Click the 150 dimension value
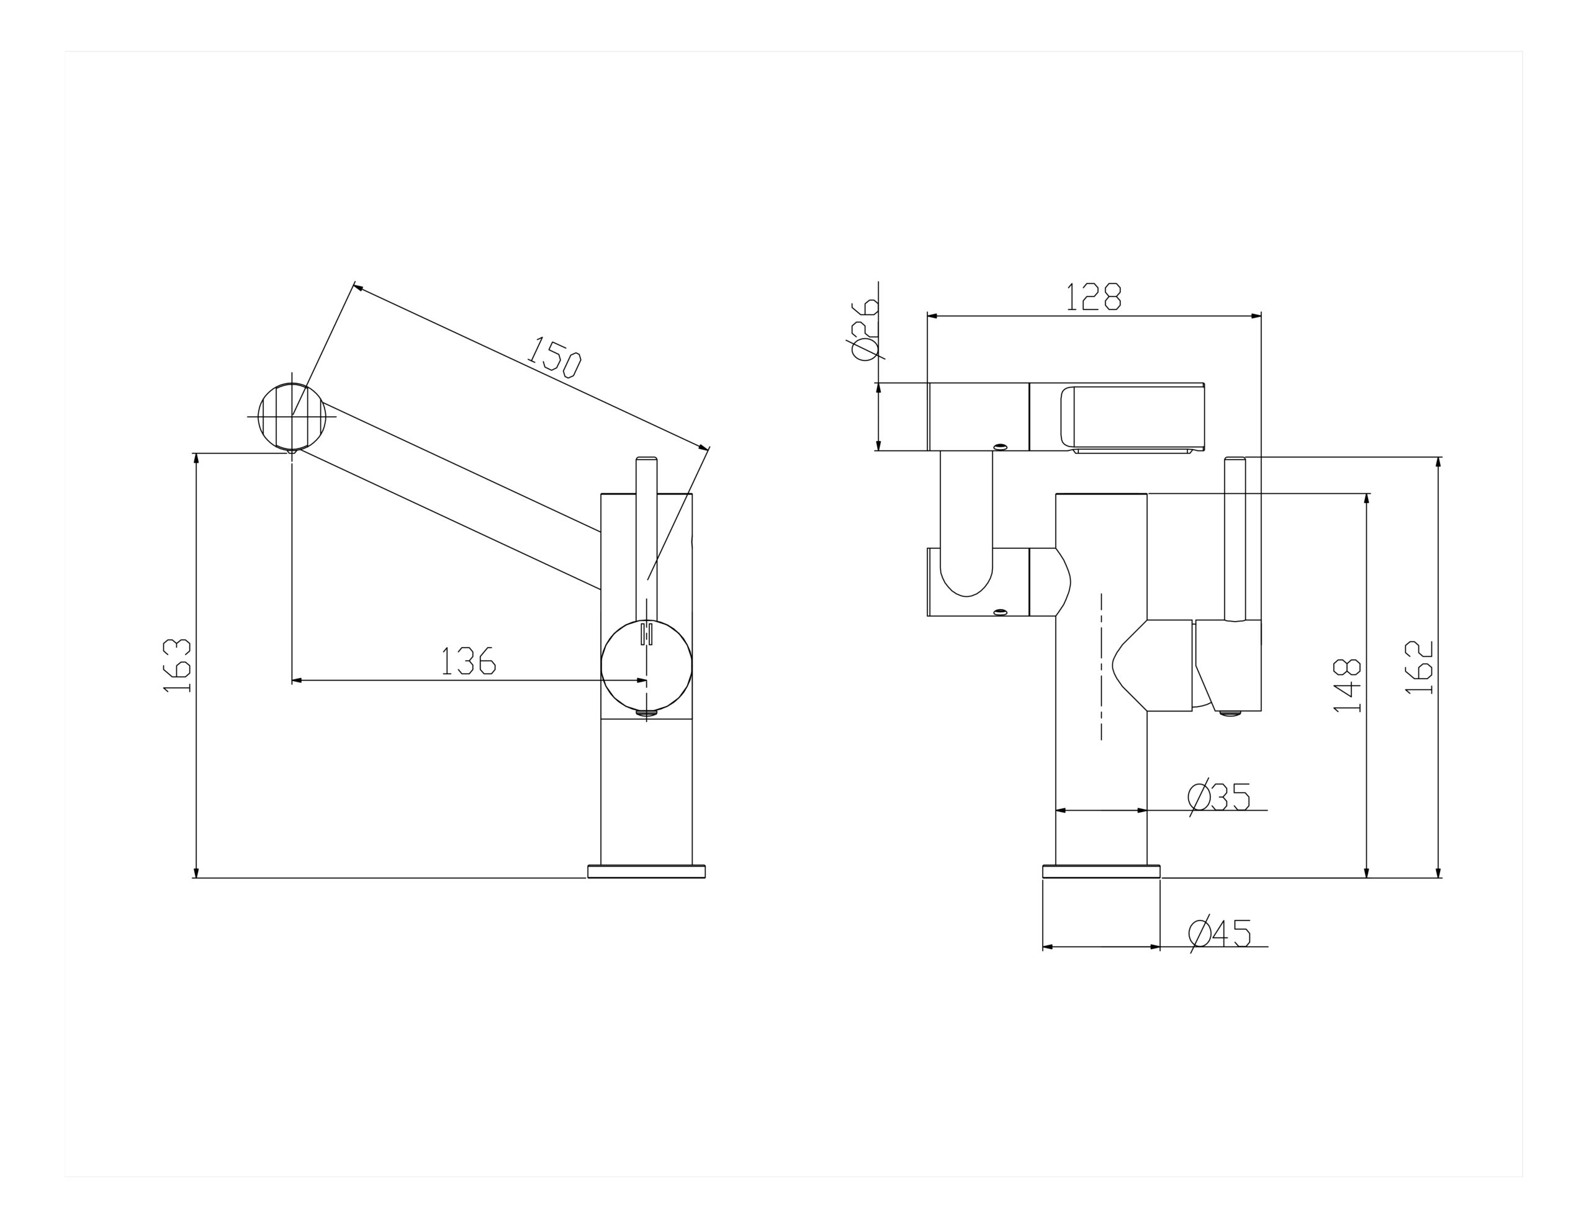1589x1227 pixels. coord(554,357)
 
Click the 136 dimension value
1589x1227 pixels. coord(469,661)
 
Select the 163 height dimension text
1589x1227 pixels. coord(177,666)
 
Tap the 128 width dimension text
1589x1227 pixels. coord(1094,297)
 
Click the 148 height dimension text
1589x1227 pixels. coord(1348,686)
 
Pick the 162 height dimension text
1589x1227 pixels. coord(1419,667)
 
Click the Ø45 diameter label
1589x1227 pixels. coord(1220,934)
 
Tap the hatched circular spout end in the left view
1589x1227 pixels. coord(292,417)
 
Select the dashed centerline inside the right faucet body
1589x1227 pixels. coord(1102,666)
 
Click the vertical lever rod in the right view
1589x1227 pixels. coord(1235,538)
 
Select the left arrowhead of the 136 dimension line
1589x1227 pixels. coord(296,680)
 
